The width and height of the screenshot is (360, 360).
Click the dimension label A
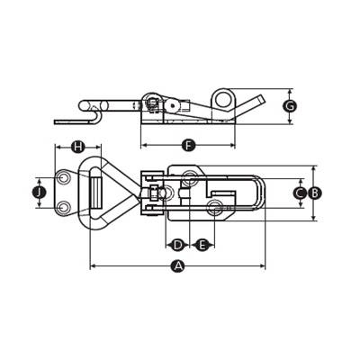(x=178, y=266)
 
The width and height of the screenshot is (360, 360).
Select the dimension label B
(x=314, y=193)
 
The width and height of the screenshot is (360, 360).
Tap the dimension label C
(x=300, y=193)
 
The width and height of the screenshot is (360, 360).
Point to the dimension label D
(x=178, y=245)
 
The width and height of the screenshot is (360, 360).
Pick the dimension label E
(x=202, y=245)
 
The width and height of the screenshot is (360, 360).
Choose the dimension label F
(x=188, y=146)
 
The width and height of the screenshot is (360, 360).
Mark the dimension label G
(x=290, y=106)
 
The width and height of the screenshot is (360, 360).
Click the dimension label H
(x=77, y=147)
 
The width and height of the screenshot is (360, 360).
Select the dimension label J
(x=39, y=193)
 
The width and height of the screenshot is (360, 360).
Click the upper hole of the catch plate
(x=63, y=178)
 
